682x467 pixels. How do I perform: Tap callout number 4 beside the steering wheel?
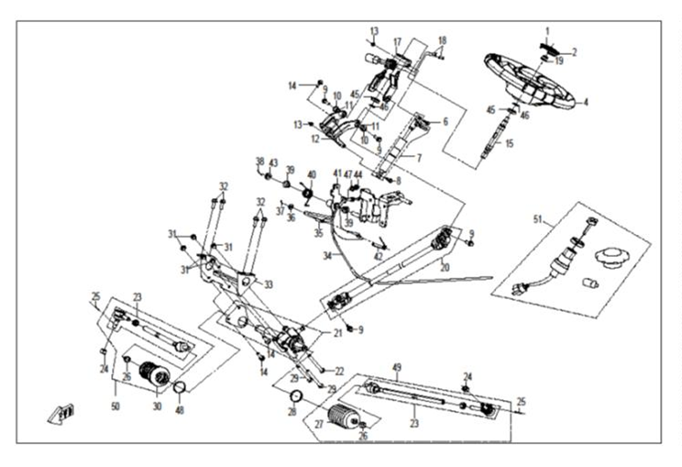[586, 101]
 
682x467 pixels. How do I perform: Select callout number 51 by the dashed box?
[538, 219]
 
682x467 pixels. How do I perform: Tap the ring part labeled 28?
[297, 396]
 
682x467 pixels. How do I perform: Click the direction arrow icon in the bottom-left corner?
[61, 414]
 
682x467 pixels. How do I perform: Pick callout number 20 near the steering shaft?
[444, 269]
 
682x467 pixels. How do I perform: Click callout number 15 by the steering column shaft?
[509, 143]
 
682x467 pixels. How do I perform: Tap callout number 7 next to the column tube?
[419, 159]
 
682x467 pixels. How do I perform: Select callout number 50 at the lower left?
[115, 406]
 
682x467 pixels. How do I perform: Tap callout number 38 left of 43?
[259, 161]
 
